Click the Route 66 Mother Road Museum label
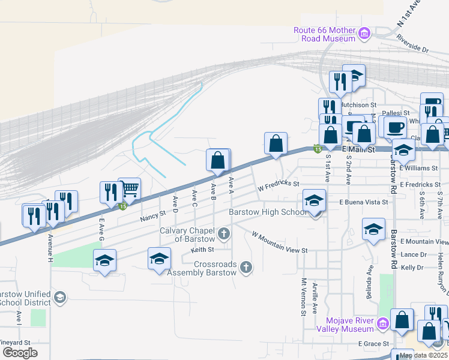pyautogui.click(x=324, y=34)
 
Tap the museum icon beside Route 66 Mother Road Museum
pyautogui.click(x=364, y=34)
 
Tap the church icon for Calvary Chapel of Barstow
pyautogui.click(x=224, y=234)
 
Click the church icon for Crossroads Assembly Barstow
pyautogui.click(x=246, y=268)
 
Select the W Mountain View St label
pyautogui.click(x=280, y=242)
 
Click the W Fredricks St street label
pyautogui.click(x=278, y=187)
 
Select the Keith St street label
pyautogui.click(x=202, y=250)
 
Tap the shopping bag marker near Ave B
pyautogui.click(x=218, y=161)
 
